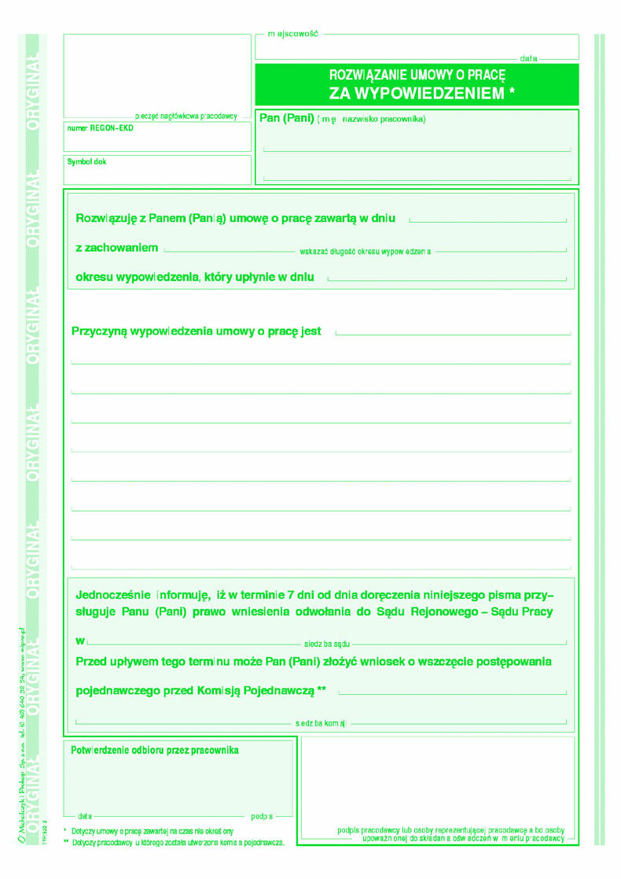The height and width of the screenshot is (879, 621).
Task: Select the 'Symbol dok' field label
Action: click(x=86, y=161)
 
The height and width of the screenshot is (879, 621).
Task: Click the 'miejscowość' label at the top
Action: click(x=292, y=35)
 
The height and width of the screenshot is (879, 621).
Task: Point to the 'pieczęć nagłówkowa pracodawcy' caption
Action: click(x=186, y=116)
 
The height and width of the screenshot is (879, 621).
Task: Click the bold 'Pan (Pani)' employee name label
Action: click(x=286, y=118)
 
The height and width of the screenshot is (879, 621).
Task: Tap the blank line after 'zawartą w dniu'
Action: click(x=487, y=220)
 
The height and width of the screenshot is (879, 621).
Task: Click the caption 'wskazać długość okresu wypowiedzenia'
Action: click(x=366, y=252)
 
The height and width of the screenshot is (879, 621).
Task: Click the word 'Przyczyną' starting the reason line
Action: click(x=99, y=331)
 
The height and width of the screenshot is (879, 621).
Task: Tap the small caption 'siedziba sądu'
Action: click(x=326, y=643)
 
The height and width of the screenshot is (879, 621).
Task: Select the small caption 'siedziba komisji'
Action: click(x=321, y=722)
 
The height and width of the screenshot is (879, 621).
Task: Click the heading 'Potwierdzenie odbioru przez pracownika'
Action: click(x=155, y=750)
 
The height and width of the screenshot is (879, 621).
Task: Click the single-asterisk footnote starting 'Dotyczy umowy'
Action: click(x=152, y=831)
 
